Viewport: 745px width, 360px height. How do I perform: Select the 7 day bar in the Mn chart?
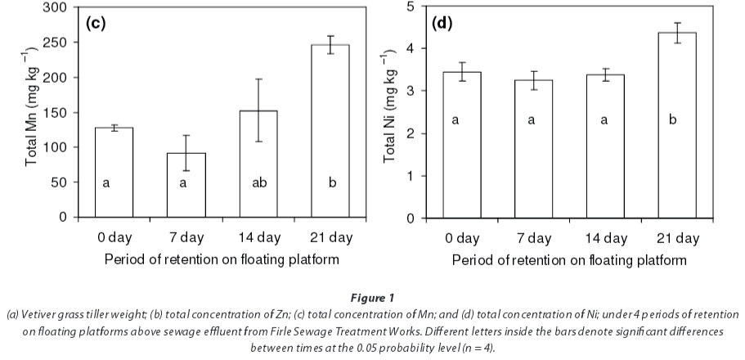pos(182,185)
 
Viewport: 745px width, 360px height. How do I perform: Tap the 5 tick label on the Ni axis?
pos(409,7)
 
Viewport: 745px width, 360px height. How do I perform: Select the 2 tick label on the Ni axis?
pos(409,133)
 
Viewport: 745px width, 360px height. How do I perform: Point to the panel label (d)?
pos(442,22)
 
